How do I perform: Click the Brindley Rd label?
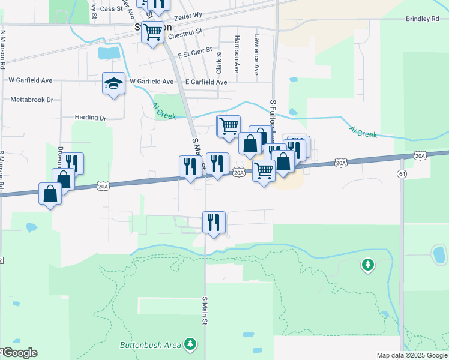pyautogui.click(x=423, y=19)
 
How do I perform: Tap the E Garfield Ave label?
pyautogui.click(x=206, y=82)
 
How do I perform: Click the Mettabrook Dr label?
pyautogui.click(x=31, y=100)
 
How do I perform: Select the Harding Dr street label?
pyautogui.click(x=91, y=118)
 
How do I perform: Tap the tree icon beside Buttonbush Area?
pyautogui.click(x=190, y=343)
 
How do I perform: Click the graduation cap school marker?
pyautogui.click(x=113, y=84)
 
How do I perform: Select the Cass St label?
pyautogui.click(x=111, y=9)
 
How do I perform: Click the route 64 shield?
pyautogui.click(x=400, y=173)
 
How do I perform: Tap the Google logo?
pyautogui.click(x=19, y=353)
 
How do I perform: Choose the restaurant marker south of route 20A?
pyautogui.click(x=214, y=222)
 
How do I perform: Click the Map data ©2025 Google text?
pyautogui.click(x=412, y=355)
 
